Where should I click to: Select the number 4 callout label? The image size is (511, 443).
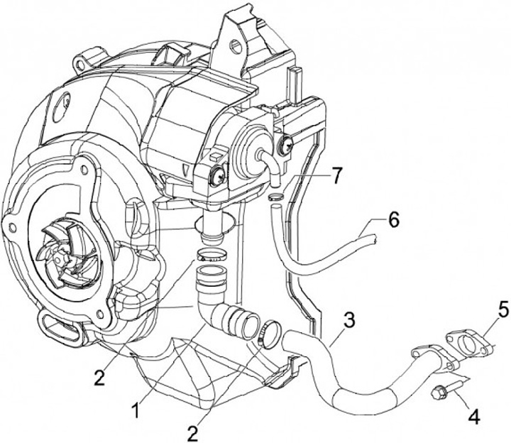472,417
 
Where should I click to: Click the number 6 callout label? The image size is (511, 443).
393,221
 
